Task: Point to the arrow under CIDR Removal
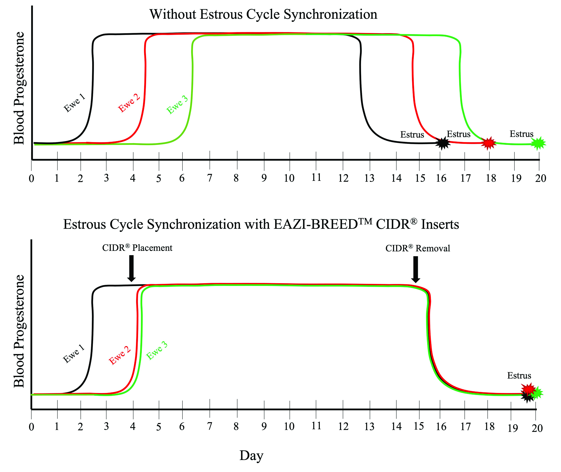(x=416, y=269)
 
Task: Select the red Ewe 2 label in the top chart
(x=129, y=103)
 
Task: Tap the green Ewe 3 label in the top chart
(x=177, y=105)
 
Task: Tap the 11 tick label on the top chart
(x=316, y=177)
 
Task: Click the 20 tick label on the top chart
(x=540, y=178)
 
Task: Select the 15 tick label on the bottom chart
(x=419, y=426)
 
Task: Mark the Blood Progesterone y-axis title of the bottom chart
(x=19, y=331)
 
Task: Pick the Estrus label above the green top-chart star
(x=521, y=134)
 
